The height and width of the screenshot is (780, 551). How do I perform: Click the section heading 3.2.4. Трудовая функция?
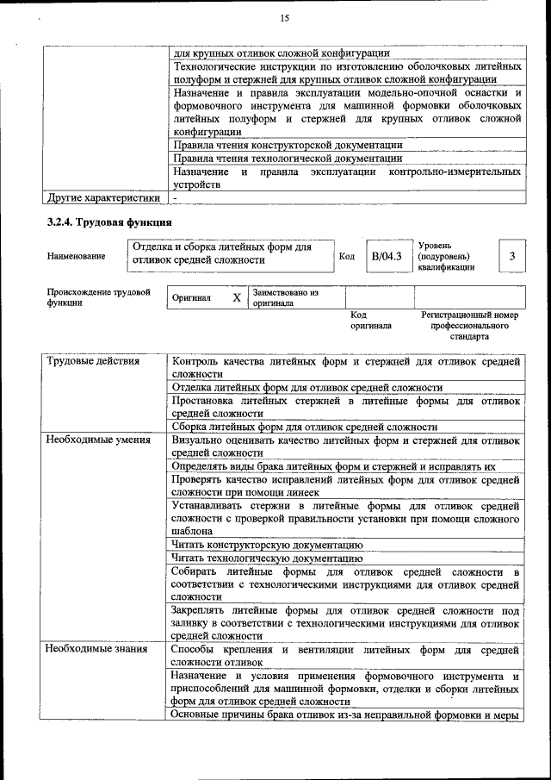104,222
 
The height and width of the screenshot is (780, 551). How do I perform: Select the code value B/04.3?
387,256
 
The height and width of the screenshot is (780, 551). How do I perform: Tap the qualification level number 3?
512,256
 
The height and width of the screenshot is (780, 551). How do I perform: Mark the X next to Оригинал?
237,297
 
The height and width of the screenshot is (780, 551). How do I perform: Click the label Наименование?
77,257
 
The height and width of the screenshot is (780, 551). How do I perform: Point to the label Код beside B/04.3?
347,257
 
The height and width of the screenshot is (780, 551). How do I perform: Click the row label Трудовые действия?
93,361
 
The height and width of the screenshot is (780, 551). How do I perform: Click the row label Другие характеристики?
103,197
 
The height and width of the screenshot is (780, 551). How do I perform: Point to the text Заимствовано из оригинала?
286,298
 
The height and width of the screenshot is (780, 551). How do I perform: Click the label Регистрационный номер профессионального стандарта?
469,326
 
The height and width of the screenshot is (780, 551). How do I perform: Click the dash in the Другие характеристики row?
175,198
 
